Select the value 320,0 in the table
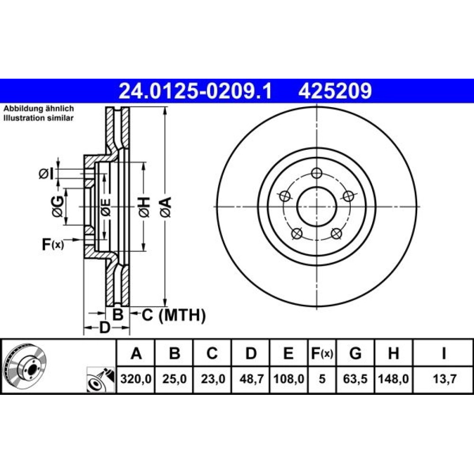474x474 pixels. click(136, 379)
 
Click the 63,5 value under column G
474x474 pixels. click(355, 379)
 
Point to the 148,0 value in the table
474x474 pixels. click(393, 379)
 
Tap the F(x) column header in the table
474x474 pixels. click(322, 353)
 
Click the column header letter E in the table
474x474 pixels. click(289, 353)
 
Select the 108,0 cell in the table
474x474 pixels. click(289, 379)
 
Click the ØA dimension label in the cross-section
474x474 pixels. click(166, 207)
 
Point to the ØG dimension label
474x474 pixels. click(58, 207)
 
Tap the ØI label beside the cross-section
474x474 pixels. click(46, 174)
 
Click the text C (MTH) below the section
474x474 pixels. click(174, 315)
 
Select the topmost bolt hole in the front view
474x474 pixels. click(316, 173)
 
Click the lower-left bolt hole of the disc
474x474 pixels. click(297, 233)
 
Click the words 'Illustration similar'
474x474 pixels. click(38, 118)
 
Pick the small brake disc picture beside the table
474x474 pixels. click(25, 366)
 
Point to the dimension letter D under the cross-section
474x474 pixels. click(105, 328)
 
